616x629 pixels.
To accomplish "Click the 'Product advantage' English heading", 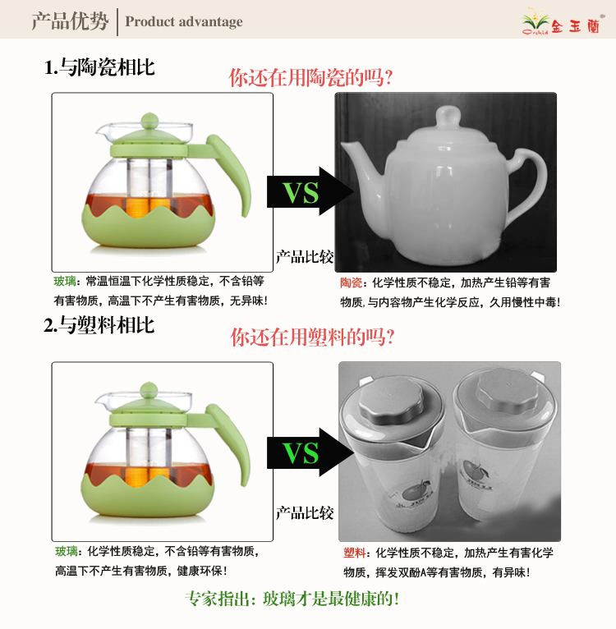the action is [x=184, y=21].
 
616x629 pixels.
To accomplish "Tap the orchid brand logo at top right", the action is [x=562, y=22].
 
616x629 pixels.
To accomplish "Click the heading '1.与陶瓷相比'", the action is [x=99, y=67].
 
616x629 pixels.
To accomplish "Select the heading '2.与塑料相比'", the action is [x=99, y=325].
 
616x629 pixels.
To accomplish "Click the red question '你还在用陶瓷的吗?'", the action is [x=310, y=77].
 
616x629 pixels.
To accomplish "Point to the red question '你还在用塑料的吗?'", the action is [x=312, y=337].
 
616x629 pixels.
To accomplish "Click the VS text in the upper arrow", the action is [x=301, y=192].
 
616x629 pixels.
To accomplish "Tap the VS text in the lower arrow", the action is [x=301, y=453].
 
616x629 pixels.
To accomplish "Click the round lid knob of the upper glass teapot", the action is [x=149, y=121].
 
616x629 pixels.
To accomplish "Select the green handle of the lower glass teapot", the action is [x=231, y=439].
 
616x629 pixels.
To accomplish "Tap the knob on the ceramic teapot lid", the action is [x=448, y=117].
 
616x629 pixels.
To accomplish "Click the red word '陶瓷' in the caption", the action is [x=352, y=282].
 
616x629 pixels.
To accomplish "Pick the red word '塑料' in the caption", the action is [x=354, y=553].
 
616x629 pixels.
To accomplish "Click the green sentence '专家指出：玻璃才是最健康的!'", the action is [x=292, y=599].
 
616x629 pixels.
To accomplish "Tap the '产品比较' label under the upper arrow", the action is [x=305, y=257].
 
